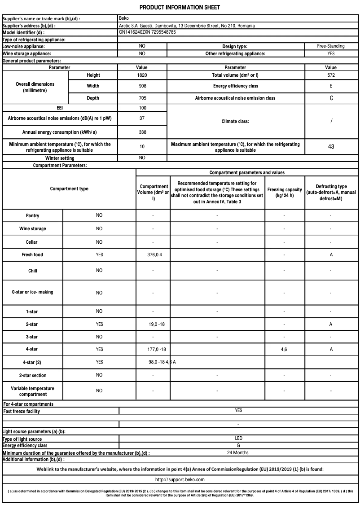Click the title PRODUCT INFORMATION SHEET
click(180, 8)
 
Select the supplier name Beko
click(124, 18)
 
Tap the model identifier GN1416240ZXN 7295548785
click(147, 32)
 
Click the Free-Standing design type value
click(331, 46)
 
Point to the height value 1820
click(142, 75)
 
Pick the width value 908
click(142, 86)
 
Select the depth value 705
click(142, 98)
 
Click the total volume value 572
click(331, 75)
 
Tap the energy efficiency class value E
click(331, 86)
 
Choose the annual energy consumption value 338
click(142, 132)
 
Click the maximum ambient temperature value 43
click(331, 147)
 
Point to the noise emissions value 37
click(142, 118)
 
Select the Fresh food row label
click(32, 254)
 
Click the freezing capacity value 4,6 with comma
click(284, 349)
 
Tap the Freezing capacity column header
click(284, 193)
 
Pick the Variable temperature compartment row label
click(32, 391)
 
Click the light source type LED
click(238, 439)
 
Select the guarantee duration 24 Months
click(238, 452)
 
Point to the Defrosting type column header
click(331, 192)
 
